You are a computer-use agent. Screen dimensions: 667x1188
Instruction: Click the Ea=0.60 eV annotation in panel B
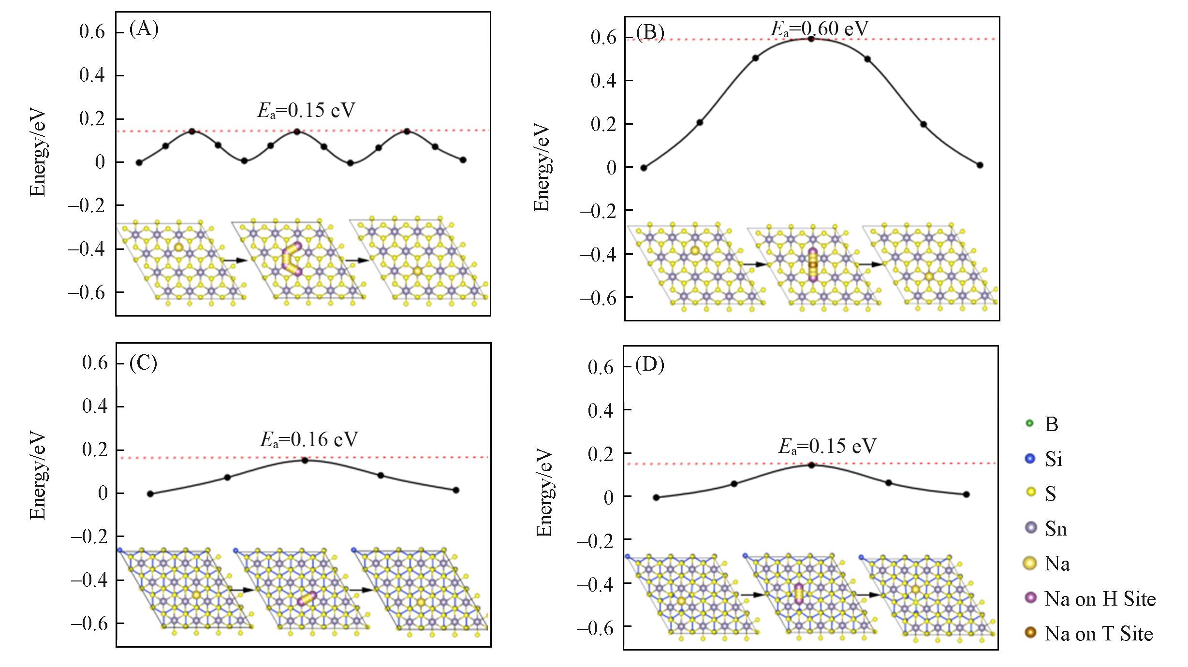click(x=820, y=29)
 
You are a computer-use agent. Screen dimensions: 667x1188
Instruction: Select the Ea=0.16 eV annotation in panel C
click(x=309, y=439)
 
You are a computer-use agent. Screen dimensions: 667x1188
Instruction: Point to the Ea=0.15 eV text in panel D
click(x=827, y=446)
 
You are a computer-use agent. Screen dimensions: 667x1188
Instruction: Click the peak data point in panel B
click(x=811, y=39)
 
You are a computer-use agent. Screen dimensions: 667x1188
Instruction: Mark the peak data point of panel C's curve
click(x=305, y=461)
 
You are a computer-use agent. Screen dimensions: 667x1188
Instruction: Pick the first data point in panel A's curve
click(x=139, y=162)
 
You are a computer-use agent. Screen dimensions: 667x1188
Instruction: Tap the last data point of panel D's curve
click(x=966, y=494)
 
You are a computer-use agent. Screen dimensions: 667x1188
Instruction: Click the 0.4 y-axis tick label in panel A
click(x=92, y=75)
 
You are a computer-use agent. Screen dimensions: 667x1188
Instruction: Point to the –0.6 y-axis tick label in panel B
click(x=598, y=297)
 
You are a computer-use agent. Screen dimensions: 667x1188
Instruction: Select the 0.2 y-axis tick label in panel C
click(x=95, y=449)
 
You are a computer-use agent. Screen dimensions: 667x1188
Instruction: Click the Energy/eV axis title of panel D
click(x=544, y=493)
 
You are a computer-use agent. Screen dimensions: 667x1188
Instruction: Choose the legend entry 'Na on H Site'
click(x=1100, y=599)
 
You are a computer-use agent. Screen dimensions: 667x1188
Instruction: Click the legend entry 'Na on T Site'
click(x=1099, y=634)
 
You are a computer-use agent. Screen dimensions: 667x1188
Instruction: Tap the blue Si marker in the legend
click(x=1030, y=458)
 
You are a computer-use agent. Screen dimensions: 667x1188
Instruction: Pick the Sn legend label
click(x=1056, y=528)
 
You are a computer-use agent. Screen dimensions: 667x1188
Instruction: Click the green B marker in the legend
click(x=1029, y=423)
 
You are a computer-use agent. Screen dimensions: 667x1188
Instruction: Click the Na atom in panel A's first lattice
click(x=178, y=247)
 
